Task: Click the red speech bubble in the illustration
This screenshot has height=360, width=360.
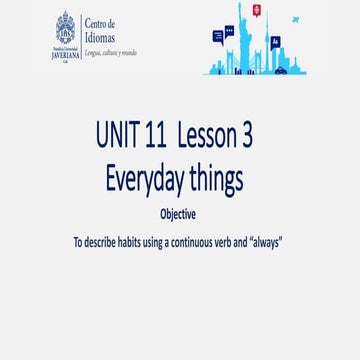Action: (x=257, y=10)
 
